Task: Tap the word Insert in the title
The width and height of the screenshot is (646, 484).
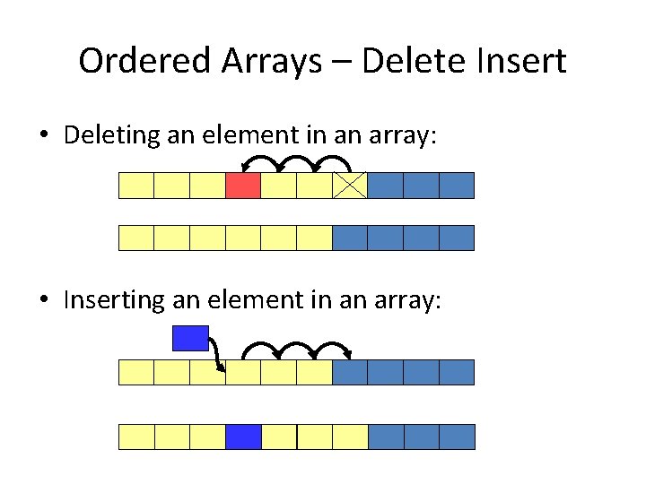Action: click(521, 62)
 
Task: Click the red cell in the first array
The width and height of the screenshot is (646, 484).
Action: click(243, 186)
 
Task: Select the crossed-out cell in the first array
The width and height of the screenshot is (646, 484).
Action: click(350, 186)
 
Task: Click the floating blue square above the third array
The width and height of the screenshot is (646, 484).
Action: click(190, 338)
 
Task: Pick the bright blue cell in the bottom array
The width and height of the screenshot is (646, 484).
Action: click(243, 436)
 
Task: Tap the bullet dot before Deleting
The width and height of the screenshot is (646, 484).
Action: click(43, 136)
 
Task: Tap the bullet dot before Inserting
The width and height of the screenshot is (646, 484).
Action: click(43, 301)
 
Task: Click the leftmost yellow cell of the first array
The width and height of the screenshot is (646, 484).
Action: click(136, 186)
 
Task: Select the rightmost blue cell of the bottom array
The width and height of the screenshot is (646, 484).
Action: click(457, 436)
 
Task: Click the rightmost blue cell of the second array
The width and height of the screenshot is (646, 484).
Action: click(457, 238)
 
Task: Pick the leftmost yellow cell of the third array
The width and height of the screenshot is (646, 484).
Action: click(136, 372)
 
